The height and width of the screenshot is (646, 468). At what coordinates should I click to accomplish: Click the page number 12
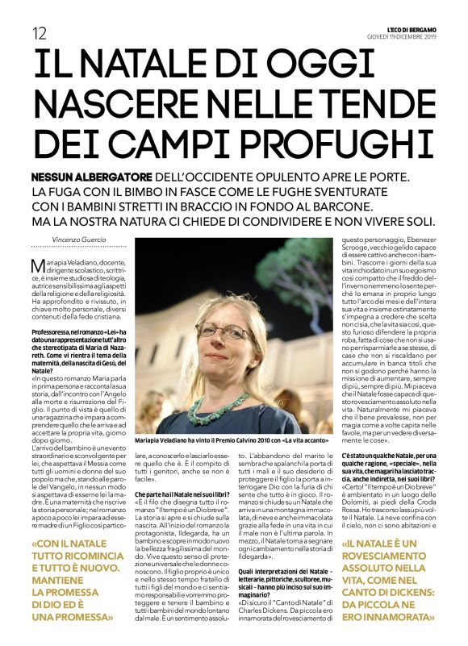(38, 32)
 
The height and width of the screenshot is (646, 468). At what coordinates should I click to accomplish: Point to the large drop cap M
(36, 267)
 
